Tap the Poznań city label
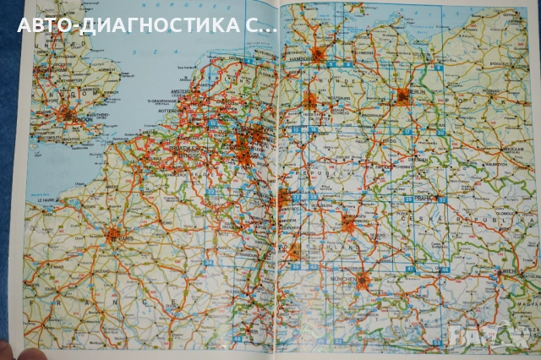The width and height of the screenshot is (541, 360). coord(489,90)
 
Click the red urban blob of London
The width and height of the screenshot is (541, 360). coord(66,114)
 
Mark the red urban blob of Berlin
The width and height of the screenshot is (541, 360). coord(403,95)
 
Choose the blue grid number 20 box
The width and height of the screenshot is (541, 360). coord(441,133)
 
